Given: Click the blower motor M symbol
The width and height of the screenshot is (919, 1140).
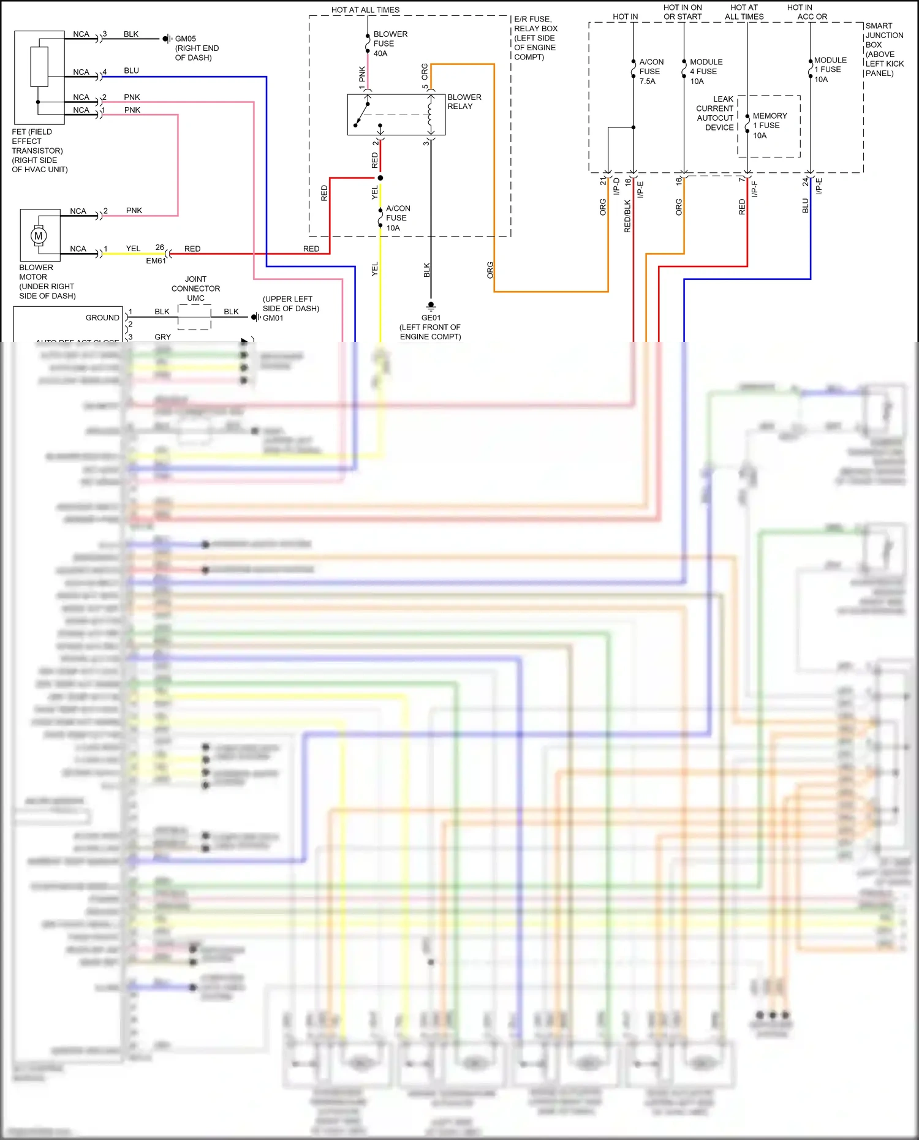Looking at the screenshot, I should (x=39, y=236).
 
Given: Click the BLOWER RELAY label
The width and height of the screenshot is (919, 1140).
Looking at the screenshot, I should (x=464, y=102).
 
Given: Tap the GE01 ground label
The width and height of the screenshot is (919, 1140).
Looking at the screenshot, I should (x=431, y=318).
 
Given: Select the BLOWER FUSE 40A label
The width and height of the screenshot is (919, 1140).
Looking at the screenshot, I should (x=390, y=43).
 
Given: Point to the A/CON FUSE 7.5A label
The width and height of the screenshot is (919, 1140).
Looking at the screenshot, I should (x=651, y=72).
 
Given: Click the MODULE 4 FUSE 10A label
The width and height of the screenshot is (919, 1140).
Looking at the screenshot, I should (x=705, y=72).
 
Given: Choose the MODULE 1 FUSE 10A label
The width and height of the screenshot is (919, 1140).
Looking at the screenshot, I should (x=830, y=70).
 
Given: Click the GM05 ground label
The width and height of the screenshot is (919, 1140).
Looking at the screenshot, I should (x=186, y=39).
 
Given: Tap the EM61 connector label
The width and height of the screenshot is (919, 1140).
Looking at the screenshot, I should (x=156, y=261).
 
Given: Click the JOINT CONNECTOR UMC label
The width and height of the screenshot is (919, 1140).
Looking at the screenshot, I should (x=195, y=289).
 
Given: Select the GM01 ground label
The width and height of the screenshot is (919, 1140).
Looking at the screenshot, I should (x=273, y=318).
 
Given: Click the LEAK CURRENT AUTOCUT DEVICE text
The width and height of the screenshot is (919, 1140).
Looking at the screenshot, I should (x=716, y=113).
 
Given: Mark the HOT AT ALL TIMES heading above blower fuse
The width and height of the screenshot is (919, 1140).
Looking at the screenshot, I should (x=365, y=10).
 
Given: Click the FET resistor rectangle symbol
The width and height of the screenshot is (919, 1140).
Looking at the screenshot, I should (x=39, y=66).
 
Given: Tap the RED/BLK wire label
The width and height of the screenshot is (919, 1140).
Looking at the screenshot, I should (x=627, y=216).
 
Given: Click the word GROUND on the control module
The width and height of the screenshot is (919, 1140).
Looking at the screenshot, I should (x=102, y=318).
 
